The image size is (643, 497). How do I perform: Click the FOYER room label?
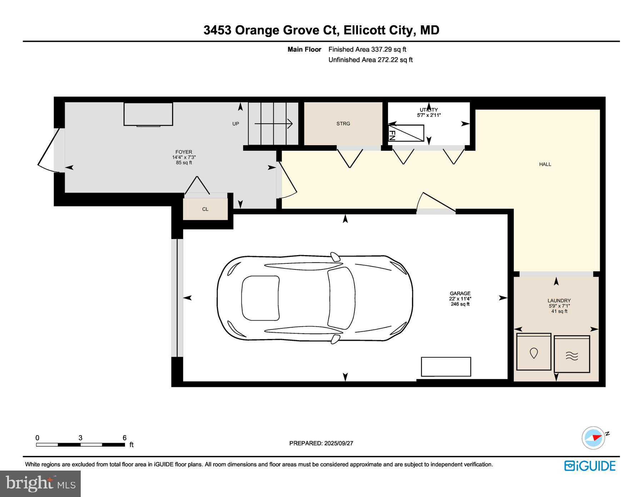pos(184,152)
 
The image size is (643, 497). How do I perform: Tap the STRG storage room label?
pos(343,124)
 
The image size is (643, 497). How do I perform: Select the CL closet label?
pos(205,209)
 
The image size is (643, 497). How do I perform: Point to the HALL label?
pos(545,164)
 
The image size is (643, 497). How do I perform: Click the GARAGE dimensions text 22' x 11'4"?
pos(460,299)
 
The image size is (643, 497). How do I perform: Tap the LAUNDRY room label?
pos(559,300)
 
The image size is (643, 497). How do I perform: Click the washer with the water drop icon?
pos(534,353)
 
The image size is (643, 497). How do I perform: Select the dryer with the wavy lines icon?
pos(572,354)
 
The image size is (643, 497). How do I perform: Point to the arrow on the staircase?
pos(274,124)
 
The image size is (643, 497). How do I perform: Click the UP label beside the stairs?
pos(236,124)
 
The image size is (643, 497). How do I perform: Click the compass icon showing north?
pos(594,438)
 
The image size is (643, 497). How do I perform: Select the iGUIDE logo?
pos(590,466)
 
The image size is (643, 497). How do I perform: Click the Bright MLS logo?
pos(40,483)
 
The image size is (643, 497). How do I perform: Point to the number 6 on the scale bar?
pos(125,438)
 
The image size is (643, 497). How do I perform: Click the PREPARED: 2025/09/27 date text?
pos(321,443)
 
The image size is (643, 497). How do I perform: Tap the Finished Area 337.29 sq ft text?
pos(367,50)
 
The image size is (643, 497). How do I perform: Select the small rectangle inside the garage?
pos(446,367)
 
